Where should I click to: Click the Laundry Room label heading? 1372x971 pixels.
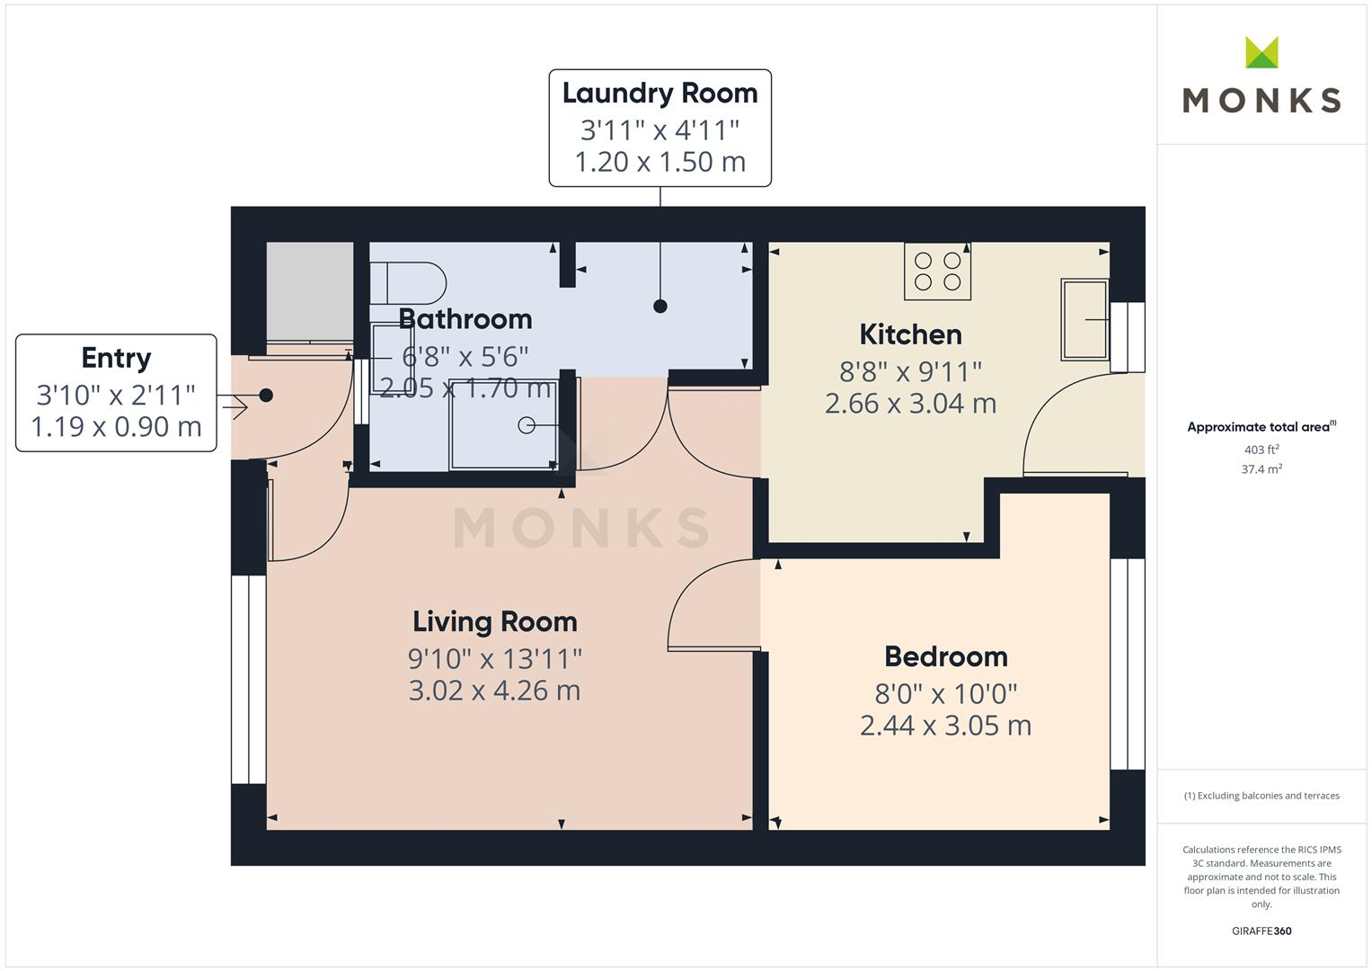pos(659,94)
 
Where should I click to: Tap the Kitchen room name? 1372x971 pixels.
pos(910,334)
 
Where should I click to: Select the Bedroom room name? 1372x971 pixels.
pos(945,656)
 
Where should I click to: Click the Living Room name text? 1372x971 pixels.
pos(494,621)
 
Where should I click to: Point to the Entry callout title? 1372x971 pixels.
pos(116,358)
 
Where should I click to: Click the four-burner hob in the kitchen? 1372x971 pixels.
pos(937,272)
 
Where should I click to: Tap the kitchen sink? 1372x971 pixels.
pos(1084,319)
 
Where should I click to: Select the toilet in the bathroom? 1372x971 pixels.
pos(409,282)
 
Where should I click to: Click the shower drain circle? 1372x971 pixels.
pos(527,425)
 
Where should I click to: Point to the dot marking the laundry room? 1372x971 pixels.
pos(660,307)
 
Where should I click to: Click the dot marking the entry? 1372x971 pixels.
pos(266,395)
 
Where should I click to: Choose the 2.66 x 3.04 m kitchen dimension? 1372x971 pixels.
pos(910,404)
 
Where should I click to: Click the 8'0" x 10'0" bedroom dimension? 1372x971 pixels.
pos(945,693)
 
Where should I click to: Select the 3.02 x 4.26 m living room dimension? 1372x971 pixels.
pos(494,690)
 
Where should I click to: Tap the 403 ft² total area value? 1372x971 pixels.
pos(1261,450)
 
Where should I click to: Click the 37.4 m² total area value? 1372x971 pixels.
pos(1261,469)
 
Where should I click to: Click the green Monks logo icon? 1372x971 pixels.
pos(1261,53)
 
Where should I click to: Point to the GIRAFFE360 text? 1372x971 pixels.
pos(1261,931)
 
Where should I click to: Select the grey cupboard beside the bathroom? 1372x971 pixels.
pos(310,290)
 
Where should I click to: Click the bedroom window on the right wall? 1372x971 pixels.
pos(1128,664)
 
